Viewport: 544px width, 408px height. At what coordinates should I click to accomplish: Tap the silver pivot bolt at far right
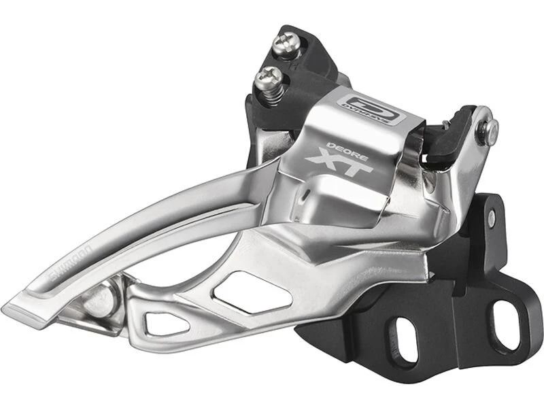(x=487, y=131)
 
